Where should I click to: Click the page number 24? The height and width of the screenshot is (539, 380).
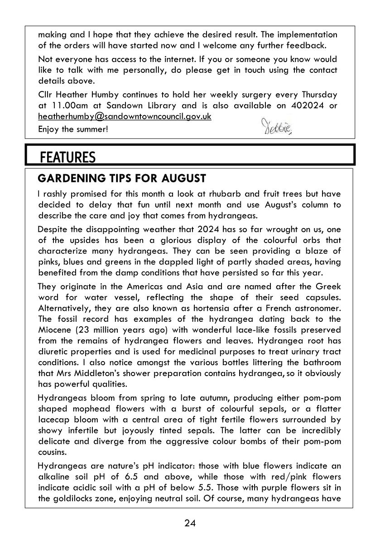[190, 523]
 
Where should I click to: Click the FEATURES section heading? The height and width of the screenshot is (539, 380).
[67, 157]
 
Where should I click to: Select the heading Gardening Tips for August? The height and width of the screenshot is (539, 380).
[122, 178]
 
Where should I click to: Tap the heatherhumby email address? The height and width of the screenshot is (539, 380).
[125, 116]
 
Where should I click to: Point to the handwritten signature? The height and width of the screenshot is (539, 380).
[277, 126]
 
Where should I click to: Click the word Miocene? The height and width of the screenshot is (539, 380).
[55, 330]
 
